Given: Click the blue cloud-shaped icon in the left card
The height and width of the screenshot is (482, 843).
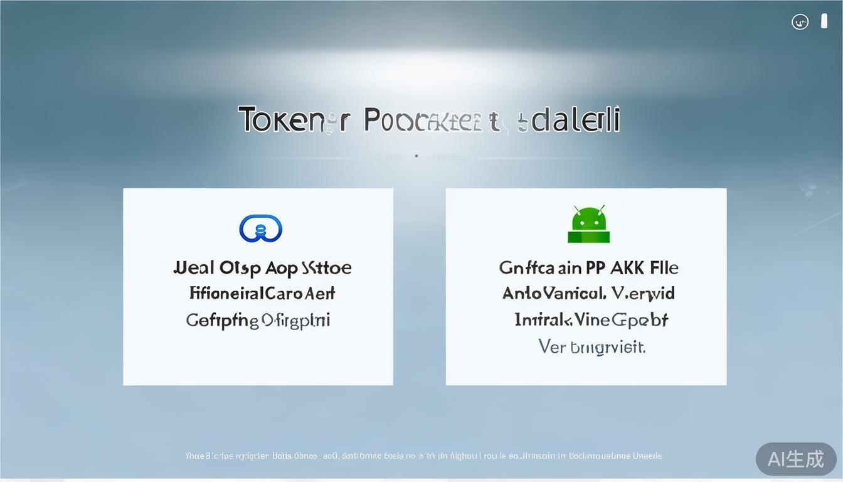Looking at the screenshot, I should pos(261,228).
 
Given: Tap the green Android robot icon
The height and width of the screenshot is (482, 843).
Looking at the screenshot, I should pos(588,224).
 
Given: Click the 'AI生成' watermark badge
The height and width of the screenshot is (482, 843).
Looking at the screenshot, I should pos(795,459).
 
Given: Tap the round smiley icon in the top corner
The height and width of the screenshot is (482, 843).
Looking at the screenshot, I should pos(800,22).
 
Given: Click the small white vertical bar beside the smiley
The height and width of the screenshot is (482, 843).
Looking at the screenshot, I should pos(824,21).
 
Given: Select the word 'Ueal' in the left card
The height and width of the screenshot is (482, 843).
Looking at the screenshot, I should pos(194,268).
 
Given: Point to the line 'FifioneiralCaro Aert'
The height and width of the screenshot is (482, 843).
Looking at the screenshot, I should pos(262,293).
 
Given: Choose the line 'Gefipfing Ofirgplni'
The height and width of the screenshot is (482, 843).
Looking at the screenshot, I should pos(258,320).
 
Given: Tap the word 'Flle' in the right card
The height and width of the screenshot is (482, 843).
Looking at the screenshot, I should pos(664,268).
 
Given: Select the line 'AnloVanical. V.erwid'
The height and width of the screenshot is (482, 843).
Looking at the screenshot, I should pos(588,293).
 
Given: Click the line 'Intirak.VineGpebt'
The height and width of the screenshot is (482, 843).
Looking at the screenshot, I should pos(591,320).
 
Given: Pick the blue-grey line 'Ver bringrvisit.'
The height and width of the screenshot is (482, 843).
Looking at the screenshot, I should pos(591,346).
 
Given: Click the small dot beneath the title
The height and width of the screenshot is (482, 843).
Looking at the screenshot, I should pos(416,156).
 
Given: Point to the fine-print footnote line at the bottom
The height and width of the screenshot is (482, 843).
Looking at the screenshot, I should pos(424,456).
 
